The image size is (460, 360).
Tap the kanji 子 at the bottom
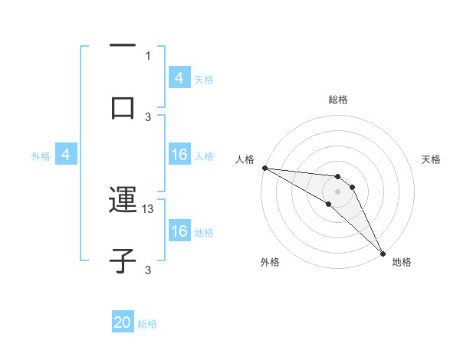123,260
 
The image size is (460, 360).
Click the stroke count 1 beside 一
148,55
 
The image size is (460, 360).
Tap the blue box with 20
123,323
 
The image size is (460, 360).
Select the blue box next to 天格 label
179,78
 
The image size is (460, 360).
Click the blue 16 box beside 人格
179,155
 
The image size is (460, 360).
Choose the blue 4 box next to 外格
66,155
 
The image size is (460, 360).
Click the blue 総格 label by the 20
147,324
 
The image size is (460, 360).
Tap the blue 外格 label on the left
41,156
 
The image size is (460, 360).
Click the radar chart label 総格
338,100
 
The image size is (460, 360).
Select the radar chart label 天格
432,159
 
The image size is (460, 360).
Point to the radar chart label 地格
402,262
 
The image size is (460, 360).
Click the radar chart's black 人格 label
244,159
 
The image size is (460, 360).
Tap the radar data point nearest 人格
264,168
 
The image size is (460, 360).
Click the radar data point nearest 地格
383,252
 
